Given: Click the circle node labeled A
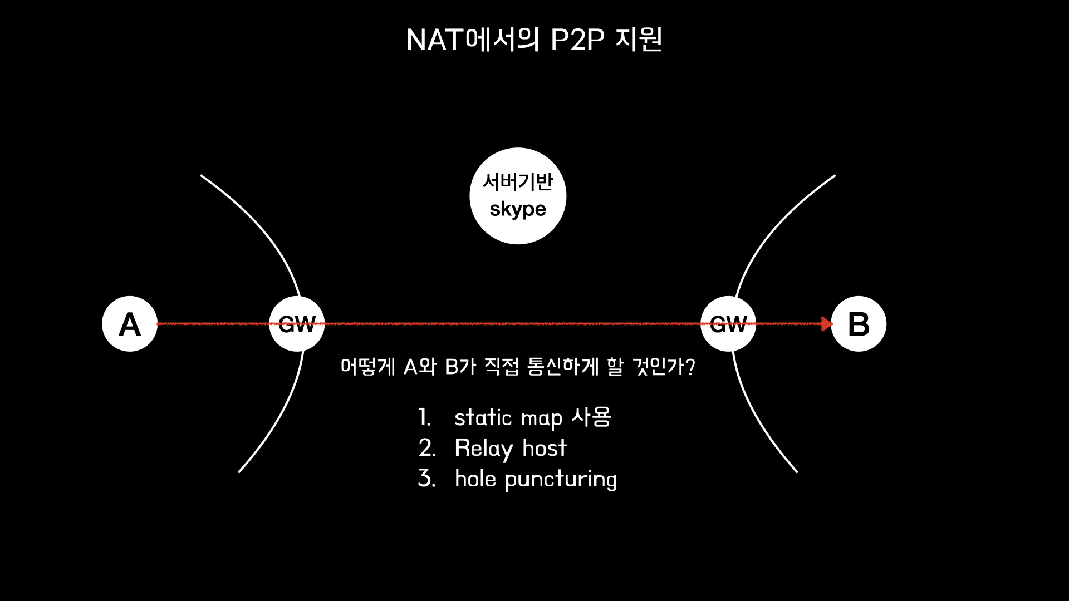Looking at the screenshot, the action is click(130, 324).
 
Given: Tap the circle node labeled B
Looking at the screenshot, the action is click(859, 324).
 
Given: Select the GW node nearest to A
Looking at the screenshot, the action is click(297, 324).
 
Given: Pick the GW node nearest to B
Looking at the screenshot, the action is click(728, 324).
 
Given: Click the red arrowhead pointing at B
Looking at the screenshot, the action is click(827, 324).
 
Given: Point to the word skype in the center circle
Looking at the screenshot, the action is click(518, 210).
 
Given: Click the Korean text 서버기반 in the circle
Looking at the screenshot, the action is click(518, 181).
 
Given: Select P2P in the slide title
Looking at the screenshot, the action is click(577, 40).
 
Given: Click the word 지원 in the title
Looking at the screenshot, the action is click(639, 40).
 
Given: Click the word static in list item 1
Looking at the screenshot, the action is click(483, 417).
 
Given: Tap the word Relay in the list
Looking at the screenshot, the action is click(483, 449).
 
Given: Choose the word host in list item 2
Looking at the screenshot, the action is click(544, 448).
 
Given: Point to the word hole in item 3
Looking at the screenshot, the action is click(475, 479).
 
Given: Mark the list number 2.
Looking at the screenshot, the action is click(426, 448).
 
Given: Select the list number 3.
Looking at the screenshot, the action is click(426, 479).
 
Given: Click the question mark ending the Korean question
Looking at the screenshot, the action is click(690, 367).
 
